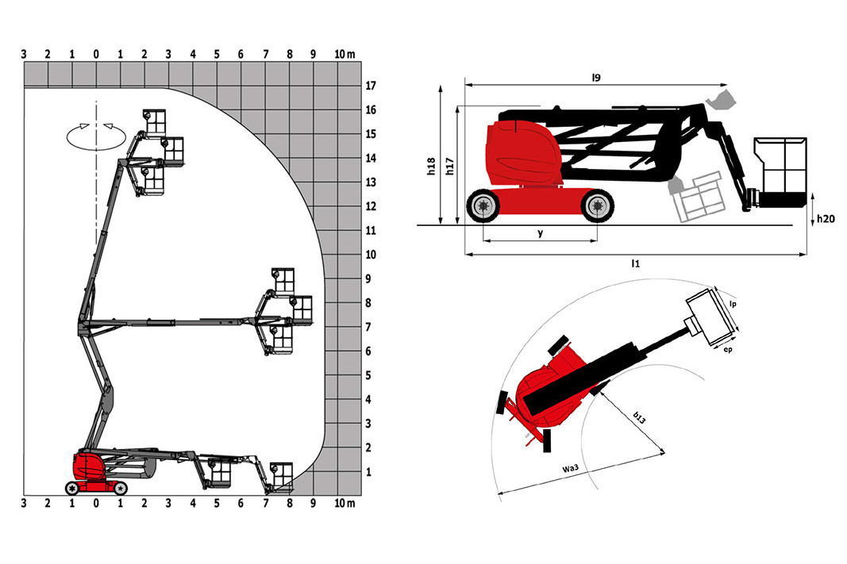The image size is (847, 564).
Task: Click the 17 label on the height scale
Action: point(371,86)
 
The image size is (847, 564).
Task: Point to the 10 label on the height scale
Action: point(371,255)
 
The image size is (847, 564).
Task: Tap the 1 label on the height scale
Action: point(369,472)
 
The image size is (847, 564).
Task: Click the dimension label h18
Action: point(431,167)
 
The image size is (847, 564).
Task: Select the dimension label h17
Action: point(450,167)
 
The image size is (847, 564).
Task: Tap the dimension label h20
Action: point(826,219)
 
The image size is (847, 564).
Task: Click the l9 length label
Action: point(596,78)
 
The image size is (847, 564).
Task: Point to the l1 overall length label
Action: point(636,263)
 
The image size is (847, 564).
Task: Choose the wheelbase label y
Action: point(540,233)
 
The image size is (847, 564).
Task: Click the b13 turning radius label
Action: point(639,417)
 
